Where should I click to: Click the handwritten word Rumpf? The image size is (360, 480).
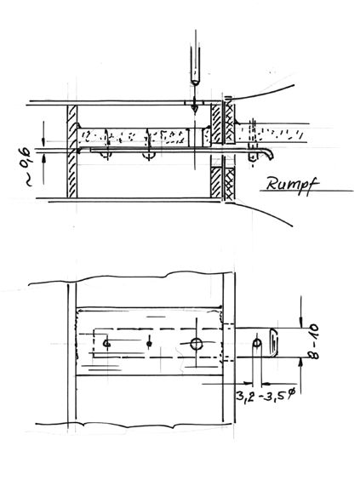(293, 185)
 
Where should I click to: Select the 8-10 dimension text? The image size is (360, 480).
(313, 341)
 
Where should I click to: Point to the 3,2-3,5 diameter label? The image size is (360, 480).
(266, 397)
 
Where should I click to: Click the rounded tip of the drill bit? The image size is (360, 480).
(195, 82)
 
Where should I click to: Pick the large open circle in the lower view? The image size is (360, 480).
(197, 344)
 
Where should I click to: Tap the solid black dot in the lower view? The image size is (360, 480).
(149, 344)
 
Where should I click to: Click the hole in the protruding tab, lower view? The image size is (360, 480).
(257, 342)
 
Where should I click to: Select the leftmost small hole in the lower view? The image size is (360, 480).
(106, 344)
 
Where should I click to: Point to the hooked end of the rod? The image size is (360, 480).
(269, 154)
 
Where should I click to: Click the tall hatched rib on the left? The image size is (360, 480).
(72, 151)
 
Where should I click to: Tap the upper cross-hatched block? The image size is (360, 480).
(230, 123)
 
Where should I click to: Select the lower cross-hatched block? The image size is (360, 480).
(230, 183)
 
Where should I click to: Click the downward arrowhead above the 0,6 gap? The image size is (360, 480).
(43, 141)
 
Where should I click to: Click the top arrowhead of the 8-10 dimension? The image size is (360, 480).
(301, 322)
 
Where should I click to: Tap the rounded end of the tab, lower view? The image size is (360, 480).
(274, 342)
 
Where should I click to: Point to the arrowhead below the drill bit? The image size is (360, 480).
(194, 109)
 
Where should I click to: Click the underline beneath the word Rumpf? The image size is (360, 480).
(306, 191)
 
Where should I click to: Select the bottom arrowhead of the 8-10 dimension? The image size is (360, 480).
(301, 363)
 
